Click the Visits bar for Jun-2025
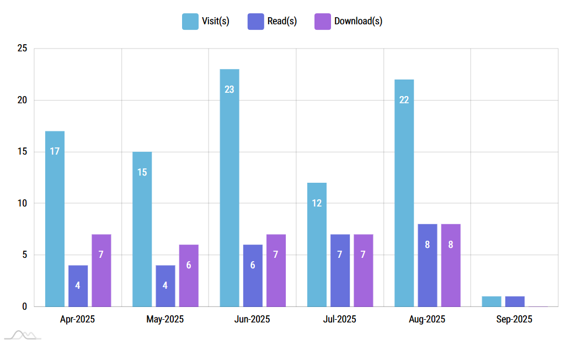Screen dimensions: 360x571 [230, 188]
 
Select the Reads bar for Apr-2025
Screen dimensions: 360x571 [78, 286]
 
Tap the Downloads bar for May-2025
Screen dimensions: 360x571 [189, 276]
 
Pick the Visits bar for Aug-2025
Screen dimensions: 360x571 [404, 193]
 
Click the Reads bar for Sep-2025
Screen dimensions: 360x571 [515, 301]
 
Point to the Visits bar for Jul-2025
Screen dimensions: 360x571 [317, 245]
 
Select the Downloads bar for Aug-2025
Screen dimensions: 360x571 [451, 265]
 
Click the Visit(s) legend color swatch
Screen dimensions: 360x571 [190, 22]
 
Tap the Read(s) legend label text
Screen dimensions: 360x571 [282, 22]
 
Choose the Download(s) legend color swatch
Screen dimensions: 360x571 [322, 22]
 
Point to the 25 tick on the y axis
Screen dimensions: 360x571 [22, 49]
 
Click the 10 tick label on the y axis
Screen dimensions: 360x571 [22, 203]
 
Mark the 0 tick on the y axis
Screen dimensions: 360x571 [24, 306]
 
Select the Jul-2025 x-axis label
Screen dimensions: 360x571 [339, 319]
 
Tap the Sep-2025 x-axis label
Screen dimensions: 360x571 [514, 319]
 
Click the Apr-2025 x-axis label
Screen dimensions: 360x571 [77, 319]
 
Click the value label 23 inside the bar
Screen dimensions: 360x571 [230, 89]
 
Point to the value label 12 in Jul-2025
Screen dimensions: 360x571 [317, 203]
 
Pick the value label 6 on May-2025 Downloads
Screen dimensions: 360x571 [189, 265]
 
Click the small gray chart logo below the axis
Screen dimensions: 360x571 [23, 335]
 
